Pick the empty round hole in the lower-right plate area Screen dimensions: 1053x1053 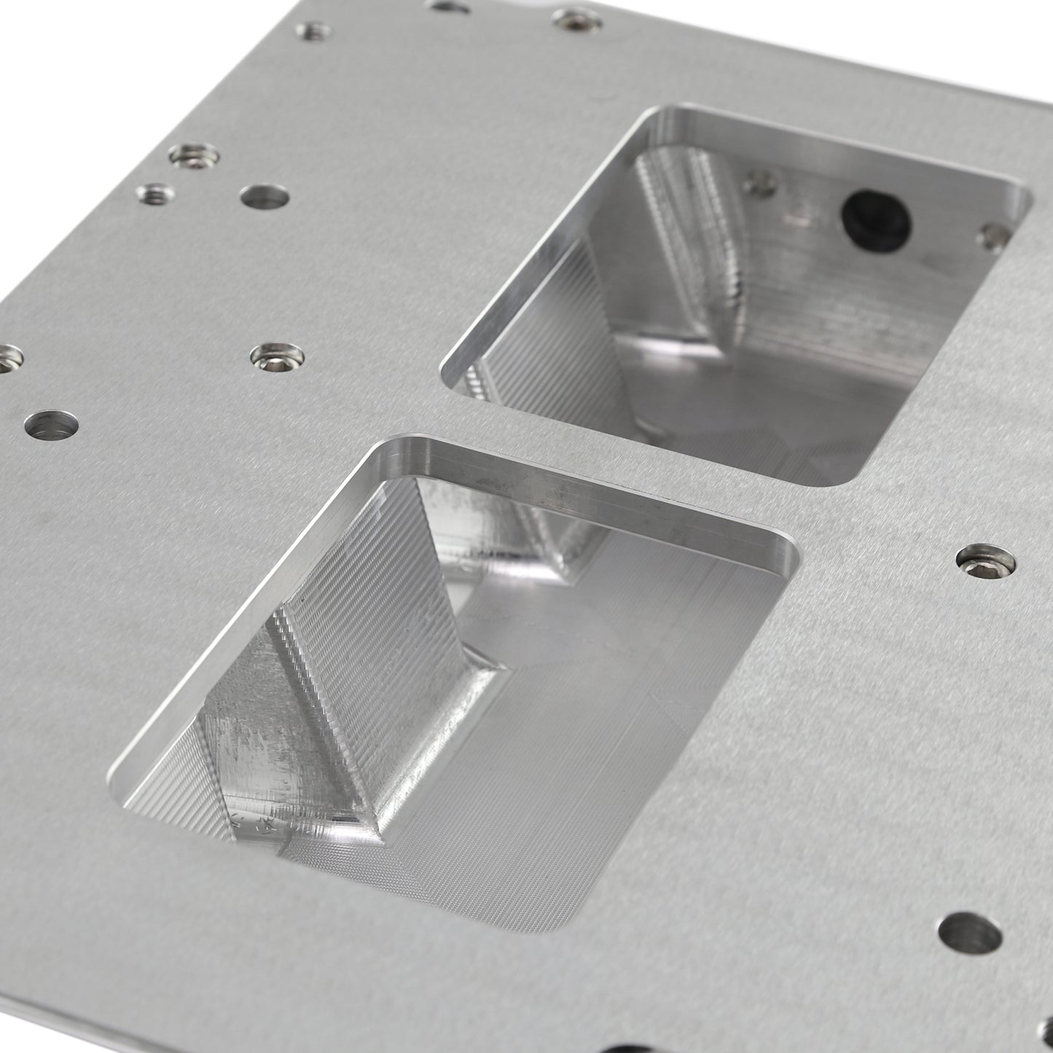click(968, 934)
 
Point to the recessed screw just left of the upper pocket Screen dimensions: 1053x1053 click(276, 356)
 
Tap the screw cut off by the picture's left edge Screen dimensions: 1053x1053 click(9, 357)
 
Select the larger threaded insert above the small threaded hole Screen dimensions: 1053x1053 click(195, 155)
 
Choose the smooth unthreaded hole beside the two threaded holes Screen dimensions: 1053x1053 click(265, 197)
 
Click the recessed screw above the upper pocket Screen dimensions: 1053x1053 click(577, 18)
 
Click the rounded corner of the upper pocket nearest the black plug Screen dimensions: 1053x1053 click(1017, 200)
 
